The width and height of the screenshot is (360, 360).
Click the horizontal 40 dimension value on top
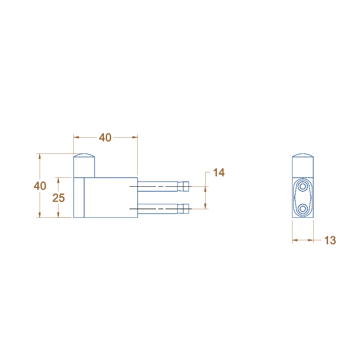[105, 138]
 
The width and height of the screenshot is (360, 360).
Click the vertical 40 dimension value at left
[40, 186]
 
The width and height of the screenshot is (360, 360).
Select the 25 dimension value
[58, 198]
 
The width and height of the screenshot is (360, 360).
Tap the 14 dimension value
[219, 172]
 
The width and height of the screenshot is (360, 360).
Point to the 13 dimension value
[330, 240]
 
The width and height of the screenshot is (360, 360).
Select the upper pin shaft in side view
[157, 186]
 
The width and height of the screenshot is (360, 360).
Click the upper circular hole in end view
[303, 186]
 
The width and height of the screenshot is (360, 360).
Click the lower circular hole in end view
[303, 208]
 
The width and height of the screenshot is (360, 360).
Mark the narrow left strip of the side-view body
[79, 198]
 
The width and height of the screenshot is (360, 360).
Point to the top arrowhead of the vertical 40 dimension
[40, 157]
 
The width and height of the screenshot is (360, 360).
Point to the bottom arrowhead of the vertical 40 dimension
[40, 215]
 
